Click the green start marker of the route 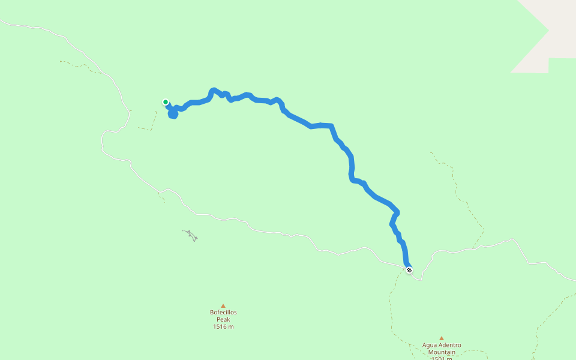pyautogui.click(x=166, y=102)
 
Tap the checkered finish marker pyautogui.click(x=409, y=270)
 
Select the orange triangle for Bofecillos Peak pyautogui.click(x=223, y=306)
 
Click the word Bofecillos pyautogui.click(x=223, y=313)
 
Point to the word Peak pyautogui.click(x=223, y=320)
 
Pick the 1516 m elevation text pyautogui.click(x=223, y=327)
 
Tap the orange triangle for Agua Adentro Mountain pyautogui.click(x=442, y=338)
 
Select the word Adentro pyautogui.click(x=449, y=346)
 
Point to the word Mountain pyautogui.click(x=442, y=353)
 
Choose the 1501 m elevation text pyautogui.click(x=442, y=358)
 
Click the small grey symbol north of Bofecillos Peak pyautogui.click(x=191, y=235)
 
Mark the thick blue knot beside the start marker pyautogui.click(x=173, y=113)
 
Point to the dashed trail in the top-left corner pyautogui.click(x=78, y=64)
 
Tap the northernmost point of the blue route pyautogui.click(x=214, y=90)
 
